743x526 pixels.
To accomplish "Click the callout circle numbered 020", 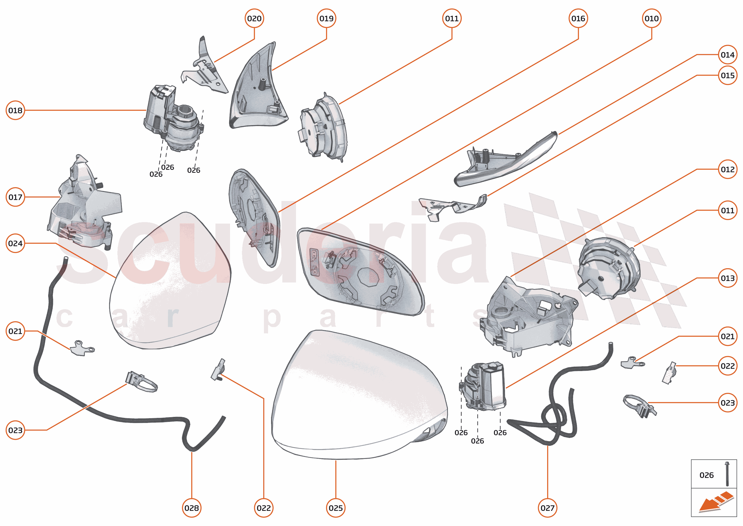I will click(x=254, y=18).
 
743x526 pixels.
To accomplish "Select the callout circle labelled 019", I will click(x=326, y=18).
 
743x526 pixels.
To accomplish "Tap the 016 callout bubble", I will click(x=578, y=18).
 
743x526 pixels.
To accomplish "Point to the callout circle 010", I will click(x=652, y=18).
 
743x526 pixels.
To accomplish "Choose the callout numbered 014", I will click(x=728, y=55).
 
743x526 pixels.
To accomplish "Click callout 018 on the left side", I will click(x=15, y=110).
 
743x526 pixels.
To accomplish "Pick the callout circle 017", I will click(x=15, y=197).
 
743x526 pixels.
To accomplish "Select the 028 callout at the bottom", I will click(x=192, y=508).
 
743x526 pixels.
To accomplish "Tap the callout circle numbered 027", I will click(x=547, y=508).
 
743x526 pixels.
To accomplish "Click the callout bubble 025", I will click(x=336, y=508).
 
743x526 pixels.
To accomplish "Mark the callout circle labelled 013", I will click(x=728, y=278).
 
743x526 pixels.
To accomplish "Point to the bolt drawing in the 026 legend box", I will click(x=727, y=474).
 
